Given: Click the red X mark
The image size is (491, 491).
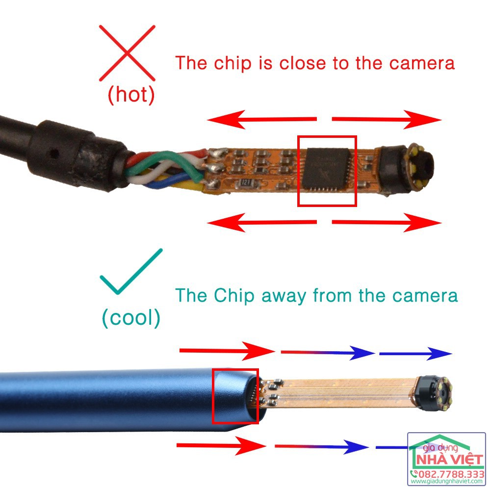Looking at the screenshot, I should tap(128, 52).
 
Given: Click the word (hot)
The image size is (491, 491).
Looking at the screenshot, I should tap(131, 95).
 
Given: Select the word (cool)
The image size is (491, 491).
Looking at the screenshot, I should tap(131, 318).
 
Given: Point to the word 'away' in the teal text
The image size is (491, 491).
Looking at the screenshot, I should tap(284, 295).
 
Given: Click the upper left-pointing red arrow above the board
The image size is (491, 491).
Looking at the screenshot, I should tap(261, 119).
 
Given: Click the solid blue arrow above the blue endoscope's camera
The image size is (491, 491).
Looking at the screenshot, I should tap(415, 353).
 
